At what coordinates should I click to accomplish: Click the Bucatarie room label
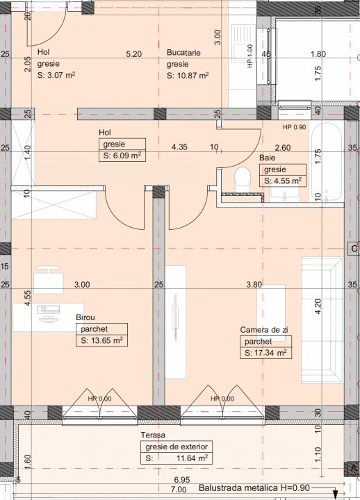pos(185,52)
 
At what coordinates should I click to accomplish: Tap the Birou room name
pos(86,317)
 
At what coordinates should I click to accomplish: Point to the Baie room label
pos(268,158)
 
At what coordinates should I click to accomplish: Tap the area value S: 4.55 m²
pos(282,181)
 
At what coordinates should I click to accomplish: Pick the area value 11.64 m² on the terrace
pos(187,458)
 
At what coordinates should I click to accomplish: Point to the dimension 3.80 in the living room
pos(254,284)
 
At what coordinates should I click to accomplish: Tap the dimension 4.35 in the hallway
pos(179,147)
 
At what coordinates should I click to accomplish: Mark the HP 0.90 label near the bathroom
pos(295,127)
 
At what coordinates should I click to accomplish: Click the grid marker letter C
pos(354,248)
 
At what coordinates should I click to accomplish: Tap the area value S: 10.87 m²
pos(188,76)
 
